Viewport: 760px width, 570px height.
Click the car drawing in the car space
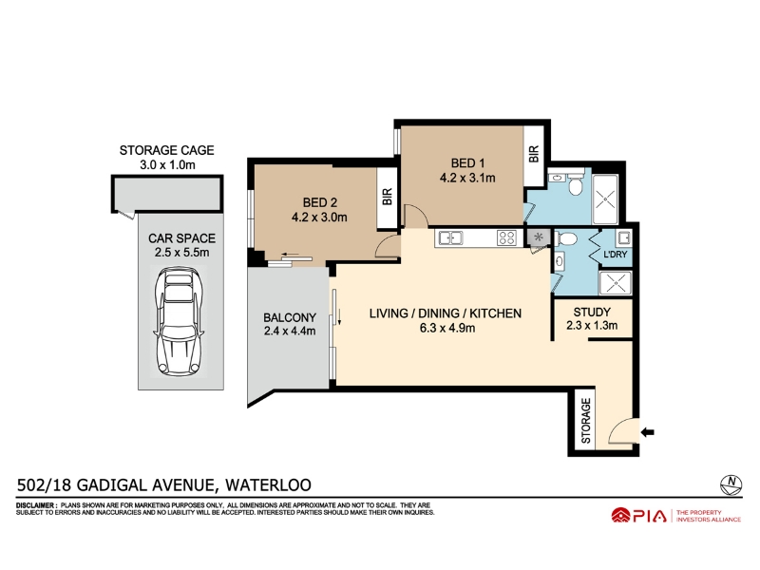pos(179,321)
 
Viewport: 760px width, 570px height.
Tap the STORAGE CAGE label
pos(167,150)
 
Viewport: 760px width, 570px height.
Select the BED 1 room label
pos(467,163)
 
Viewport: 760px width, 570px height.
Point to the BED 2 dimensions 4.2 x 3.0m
pos(319,218)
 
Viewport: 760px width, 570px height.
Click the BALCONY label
pos(290,317)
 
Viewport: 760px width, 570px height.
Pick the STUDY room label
pos(592,313)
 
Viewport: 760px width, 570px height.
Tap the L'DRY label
pos(615,254)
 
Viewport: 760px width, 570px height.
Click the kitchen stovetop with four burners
pos(507,238)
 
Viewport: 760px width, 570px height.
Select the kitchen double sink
pos(450,238)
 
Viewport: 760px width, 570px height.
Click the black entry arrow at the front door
pos(648,432)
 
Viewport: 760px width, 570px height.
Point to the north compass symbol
pos(731,484)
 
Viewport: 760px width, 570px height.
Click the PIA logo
pos(638,516)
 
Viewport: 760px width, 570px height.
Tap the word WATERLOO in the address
pos(269,485)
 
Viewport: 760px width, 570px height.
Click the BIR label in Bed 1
pos(534,154)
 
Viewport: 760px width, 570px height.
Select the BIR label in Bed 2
pos(388,197)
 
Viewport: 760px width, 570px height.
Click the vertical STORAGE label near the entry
pos(586,421)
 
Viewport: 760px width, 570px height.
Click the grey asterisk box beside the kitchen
pos(539,237)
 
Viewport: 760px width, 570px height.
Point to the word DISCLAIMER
pos(36,505)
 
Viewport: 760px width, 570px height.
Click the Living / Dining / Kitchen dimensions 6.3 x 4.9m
pos(446,328)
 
